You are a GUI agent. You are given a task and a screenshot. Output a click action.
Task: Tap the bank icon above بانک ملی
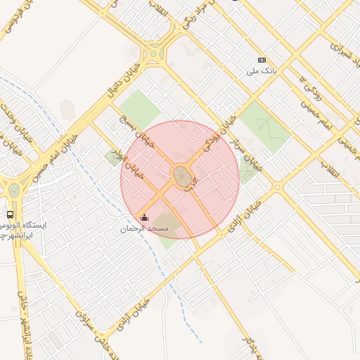[x=262, y=60]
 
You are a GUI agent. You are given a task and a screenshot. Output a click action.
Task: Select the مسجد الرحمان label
[x=144, y=229]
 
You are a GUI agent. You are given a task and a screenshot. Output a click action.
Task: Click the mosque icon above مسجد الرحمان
[x=144, y=217]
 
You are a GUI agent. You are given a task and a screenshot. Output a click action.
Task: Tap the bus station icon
[x=11, y=214]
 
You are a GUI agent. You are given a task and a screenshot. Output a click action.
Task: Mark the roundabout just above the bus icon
[x=13, y=190]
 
